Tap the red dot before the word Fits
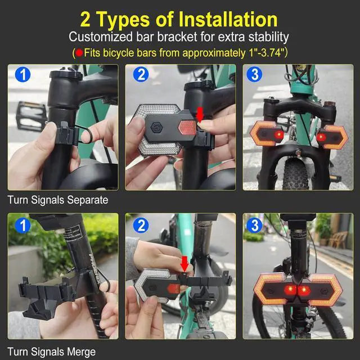click(79, 53)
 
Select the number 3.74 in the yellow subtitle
click(271, 53)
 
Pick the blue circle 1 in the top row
click(22, 74)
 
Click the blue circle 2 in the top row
click(141, 74)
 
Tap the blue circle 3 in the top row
click(254, 74)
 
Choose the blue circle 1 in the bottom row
click(22, 226)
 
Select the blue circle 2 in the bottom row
click(141, 226)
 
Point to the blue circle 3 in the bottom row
click(254, 226)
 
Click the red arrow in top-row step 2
click(200, 115)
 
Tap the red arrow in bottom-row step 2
click(184, 264)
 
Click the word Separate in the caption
click(88, 200)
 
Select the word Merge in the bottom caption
click(81, 352)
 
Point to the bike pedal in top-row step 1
click(31, 115)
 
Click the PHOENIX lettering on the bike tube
click(94, 269)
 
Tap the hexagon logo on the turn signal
click(155, 127)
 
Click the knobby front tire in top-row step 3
click(295, 174)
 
